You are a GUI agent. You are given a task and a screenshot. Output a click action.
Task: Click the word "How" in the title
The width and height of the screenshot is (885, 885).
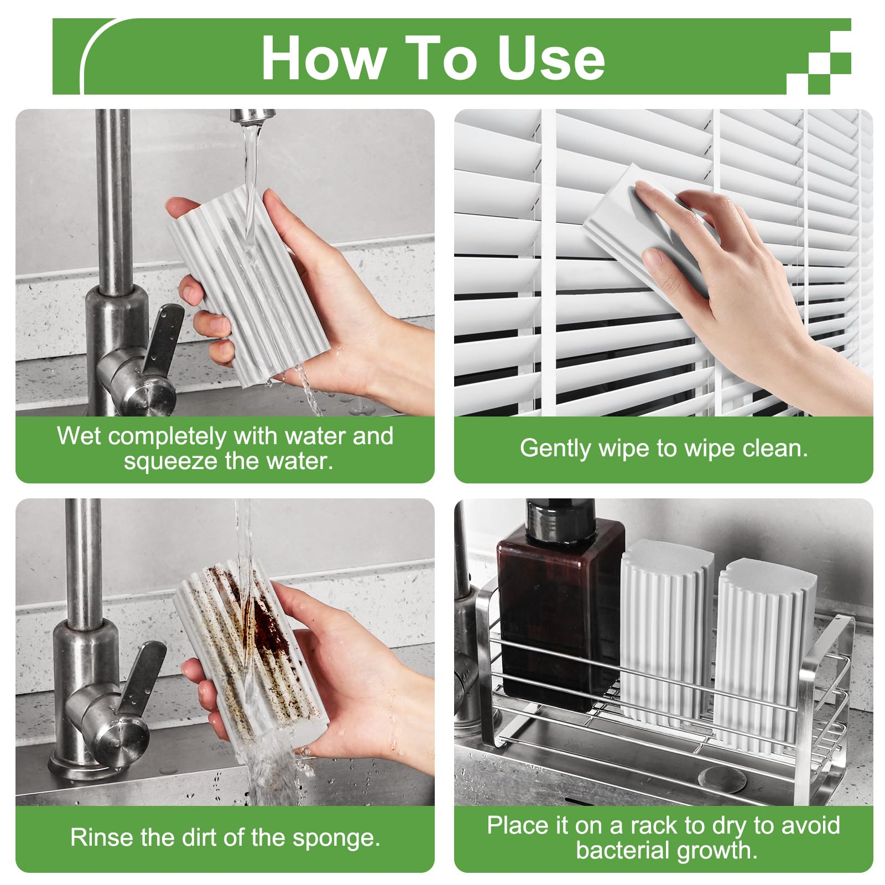[324, 58]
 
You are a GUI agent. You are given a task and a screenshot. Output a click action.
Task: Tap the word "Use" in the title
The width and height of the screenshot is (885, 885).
[551, 58]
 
